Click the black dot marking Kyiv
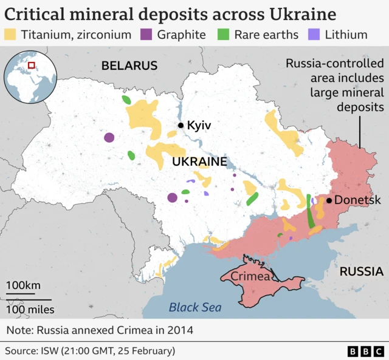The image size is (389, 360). (181, 126)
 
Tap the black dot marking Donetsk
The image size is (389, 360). (329, 200)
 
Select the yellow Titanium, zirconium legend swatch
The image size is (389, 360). (11, 35)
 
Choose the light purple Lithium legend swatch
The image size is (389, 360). (315, 35)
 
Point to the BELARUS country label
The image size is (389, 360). (129, 66)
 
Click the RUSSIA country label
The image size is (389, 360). (361, 271)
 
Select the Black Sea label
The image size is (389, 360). (194, 307)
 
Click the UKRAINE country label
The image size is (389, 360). (199, 162)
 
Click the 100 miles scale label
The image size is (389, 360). (30, 310)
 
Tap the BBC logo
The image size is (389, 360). (365, 351)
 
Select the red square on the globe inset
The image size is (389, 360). (31, 66)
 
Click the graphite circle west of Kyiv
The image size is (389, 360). (109, 138)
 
